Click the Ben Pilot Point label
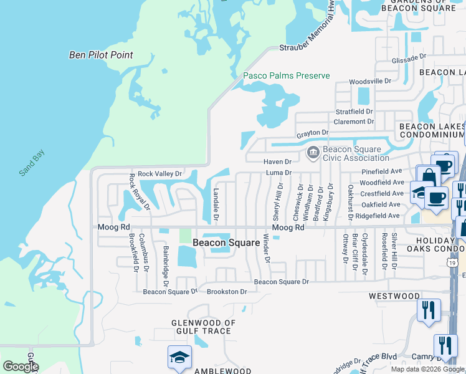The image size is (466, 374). pyautogui.click(x=100, y=55)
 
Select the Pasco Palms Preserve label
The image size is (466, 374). pyautogui.click(x=286, y=75)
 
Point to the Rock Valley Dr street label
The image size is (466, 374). pyautogui.click(x=159, y=173)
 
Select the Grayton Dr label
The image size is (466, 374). pyautogui.click(x=312, y=133)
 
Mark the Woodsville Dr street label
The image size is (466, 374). pyautogui.click(x=369, y=81)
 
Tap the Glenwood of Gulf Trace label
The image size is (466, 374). pyautogui.click(x=204, y=327)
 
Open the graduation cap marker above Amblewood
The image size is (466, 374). pyautogui.click(x=179, y=357)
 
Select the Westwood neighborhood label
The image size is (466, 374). pyautogui.click(x=394, y=296)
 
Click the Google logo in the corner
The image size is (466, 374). pyautogui.click(x=21, y=367)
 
